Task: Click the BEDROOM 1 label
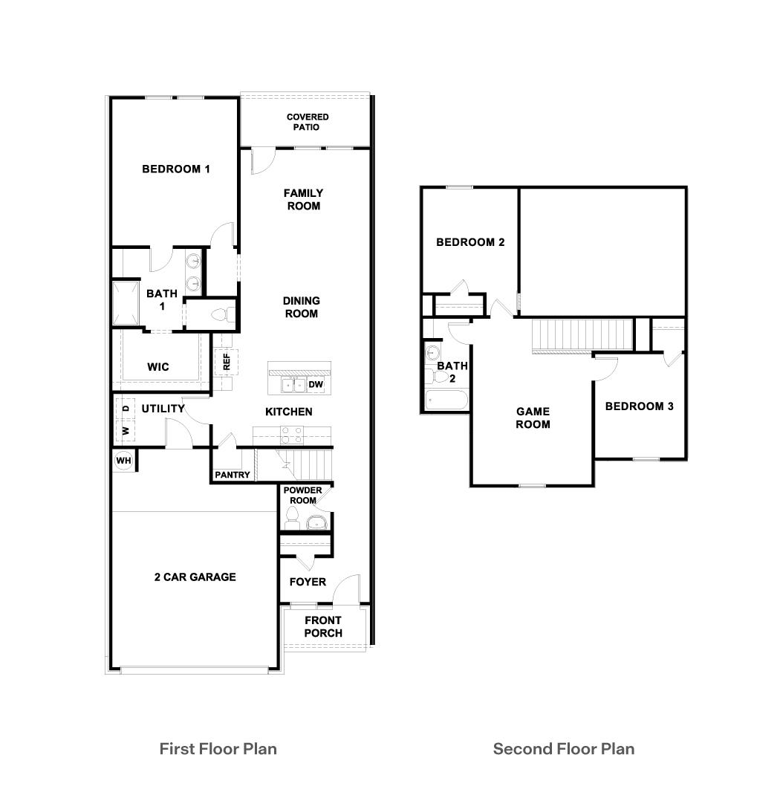coord(176,169)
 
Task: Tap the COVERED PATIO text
coord(308,122)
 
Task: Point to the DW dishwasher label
coord(316,384)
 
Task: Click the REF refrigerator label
coord(227,363)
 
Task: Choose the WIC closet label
coord(158,367)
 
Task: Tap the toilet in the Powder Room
coord(293,519)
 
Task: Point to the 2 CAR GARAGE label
coord(195,577)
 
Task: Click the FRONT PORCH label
coord(323,626)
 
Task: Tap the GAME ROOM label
coord(533,418)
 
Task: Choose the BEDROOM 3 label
coord(640,406)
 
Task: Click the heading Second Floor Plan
coord(564,748)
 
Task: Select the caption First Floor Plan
coord(218,748)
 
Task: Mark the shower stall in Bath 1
coord(126,302)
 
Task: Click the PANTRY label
coord(233,475)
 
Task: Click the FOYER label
coord(308,582)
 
